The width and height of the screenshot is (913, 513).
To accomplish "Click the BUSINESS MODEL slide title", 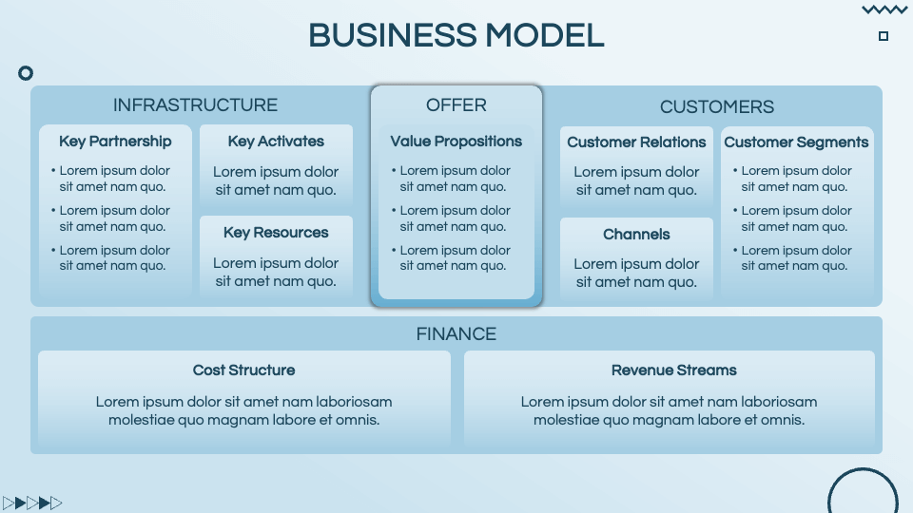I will coord(456,35).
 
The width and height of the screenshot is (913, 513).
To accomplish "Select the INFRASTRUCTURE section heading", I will coord(195,105).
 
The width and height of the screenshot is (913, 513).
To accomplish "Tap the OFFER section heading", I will coord(456,105).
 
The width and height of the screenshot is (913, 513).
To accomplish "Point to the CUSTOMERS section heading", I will coord(717,107).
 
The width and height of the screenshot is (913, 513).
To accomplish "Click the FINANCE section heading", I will coord(456,334).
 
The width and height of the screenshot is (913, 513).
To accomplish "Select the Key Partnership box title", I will coord(115,142).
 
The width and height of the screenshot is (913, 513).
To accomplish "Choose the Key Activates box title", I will coord(276,142).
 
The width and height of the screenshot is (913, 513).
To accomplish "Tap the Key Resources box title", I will coord(276,233).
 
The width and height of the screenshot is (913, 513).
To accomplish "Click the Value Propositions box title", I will coord(456,142).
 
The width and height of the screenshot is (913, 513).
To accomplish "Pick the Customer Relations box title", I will coord(636,142).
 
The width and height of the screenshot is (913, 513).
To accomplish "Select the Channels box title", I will coord(636,235).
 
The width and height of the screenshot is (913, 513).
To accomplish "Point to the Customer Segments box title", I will coord(796,142).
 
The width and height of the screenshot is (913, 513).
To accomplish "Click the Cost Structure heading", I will coord(244,370).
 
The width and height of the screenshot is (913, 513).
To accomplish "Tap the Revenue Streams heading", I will coord(673,370).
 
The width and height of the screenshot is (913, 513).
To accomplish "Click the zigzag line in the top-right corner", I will coord(884,10).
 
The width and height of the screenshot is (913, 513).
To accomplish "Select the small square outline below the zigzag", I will coord(884,36).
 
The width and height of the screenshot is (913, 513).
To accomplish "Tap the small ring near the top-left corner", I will coord(26,73).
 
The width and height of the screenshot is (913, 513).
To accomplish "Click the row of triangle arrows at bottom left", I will coord(32,503).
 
